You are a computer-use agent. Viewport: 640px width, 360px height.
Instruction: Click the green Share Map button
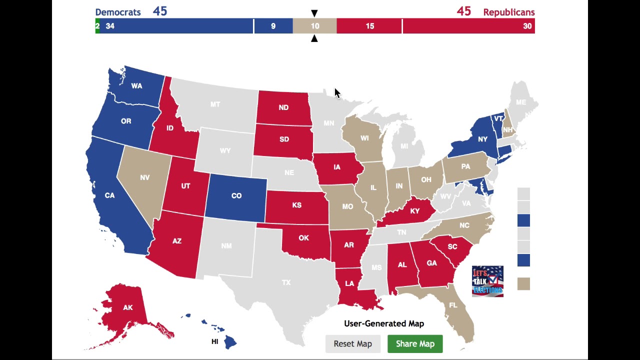[x=415, y=344]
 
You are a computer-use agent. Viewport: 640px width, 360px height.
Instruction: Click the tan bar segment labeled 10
[x=314, y=26]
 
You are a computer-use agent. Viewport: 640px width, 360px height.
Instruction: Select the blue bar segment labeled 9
[x=273, y=26]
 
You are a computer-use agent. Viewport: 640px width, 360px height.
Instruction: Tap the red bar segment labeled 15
[x=369, y=26]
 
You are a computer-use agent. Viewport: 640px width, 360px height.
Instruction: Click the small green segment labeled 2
[x=97, y=26]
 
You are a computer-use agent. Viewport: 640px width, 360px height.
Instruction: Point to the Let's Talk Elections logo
[x=487, y=281]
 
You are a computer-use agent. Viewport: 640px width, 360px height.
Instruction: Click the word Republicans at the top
[x=508, y=12]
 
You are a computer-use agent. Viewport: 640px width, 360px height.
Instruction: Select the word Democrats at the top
[x=118, y=12]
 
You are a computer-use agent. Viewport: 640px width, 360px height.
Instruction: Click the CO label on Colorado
[x=236, y=195]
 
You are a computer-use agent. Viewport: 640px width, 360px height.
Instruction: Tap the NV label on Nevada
[x=145, y=177]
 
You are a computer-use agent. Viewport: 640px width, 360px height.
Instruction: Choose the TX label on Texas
[x=286, y=282]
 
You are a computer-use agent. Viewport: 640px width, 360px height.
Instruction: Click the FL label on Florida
[x=453, y=305]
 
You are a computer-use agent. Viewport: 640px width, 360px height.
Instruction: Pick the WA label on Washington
[x=136, y=86]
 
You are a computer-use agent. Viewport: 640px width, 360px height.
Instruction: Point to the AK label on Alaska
[x=128, y=307]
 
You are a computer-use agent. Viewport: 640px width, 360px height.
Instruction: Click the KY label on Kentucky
[x=414, y=211]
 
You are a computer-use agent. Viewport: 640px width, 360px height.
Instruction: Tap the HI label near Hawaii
[x=214, y=341]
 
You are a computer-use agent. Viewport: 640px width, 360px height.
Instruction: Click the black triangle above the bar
[x=314, y=13]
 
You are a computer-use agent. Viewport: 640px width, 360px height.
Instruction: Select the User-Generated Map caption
[x=384, y=323]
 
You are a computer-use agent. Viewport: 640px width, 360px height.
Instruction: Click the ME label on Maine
[x=521, y=102]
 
